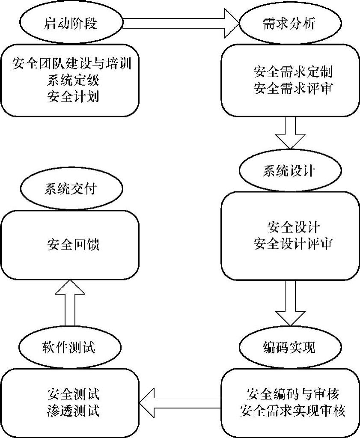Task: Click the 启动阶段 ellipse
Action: (70, 22)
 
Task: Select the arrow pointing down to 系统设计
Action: (291, 133)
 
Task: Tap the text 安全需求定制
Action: (293, 71)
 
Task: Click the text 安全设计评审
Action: (293, 244)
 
